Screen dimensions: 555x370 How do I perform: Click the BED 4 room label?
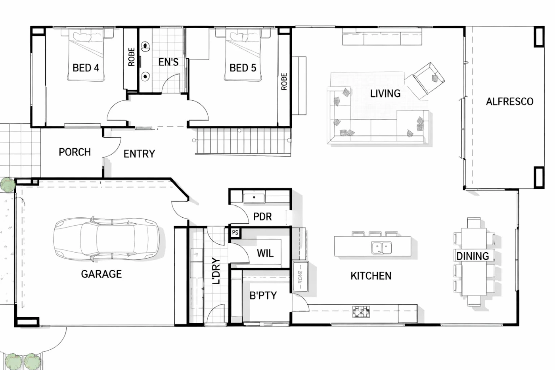pyautogui.click(x=86, y=68)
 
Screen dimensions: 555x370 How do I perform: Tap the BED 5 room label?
pyautogui.click(x=243, y=68)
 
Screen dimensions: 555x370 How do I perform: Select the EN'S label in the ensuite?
pyautogui.click(x=168, y=62)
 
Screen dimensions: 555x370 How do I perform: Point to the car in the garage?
pyautogui.click(x=106, y=239)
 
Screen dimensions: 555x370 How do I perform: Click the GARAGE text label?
pyautogui.click(x=101, y=274)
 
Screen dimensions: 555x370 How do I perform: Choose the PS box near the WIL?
pyautogui.click(x=235, y=232)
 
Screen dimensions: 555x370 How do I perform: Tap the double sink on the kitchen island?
pyautogui.click(x=381, y=248)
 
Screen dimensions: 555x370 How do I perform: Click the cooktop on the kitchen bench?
pyautogui.click(x=361, y=312)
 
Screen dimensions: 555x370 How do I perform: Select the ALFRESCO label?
pyautogui.click(x=510, y=102)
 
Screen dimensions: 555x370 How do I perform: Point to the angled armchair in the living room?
pyautogui.click(x=425, y=81)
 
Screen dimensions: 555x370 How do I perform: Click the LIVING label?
pyautogui.click(x=385, y=94)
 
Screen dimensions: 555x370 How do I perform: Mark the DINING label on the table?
pyautogui.click(x=473, y=256)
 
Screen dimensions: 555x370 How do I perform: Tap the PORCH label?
pyautogui.click(x=75, y=152)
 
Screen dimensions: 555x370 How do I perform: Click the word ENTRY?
pyautogui.click(x=139, y=154)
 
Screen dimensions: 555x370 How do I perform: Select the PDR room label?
pyautogui.click(x=262, y=217)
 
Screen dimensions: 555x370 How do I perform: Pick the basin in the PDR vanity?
pyautogui.click(x=254, y=197)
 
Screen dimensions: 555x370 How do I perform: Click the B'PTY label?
pyautogui.click(x=263, y=295)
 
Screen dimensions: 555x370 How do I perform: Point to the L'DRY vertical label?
pyautogui.click(x=216, y=271)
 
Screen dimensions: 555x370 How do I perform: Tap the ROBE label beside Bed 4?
pyautogui.click(x=131, y=57)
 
